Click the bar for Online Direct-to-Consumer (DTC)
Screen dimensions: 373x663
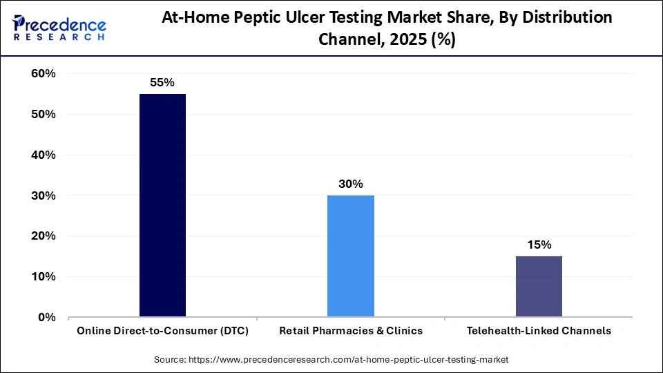162,205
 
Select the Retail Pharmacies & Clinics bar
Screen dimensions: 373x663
350,256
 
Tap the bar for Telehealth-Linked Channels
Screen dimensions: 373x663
539,287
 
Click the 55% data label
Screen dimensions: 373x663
162,82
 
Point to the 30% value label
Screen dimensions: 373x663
350,184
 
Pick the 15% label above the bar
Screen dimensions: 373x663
539,245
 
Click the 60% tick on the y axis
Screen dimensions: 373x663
43,74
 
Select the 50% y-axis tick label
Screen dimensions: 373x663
43,115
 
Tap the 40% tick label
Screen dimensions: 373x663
43,155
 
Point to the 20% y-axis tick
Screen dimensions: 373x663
43,236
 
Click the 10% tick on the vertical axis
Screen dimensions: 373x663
43,277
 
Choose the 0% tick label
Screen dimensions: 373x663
46,318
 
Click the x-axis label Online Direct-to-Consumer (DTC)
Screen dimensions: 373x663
162,331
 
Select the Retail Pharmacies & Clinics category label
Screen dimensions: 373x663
350,331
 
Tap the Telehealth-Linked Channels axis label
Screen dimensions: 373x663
539,331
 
